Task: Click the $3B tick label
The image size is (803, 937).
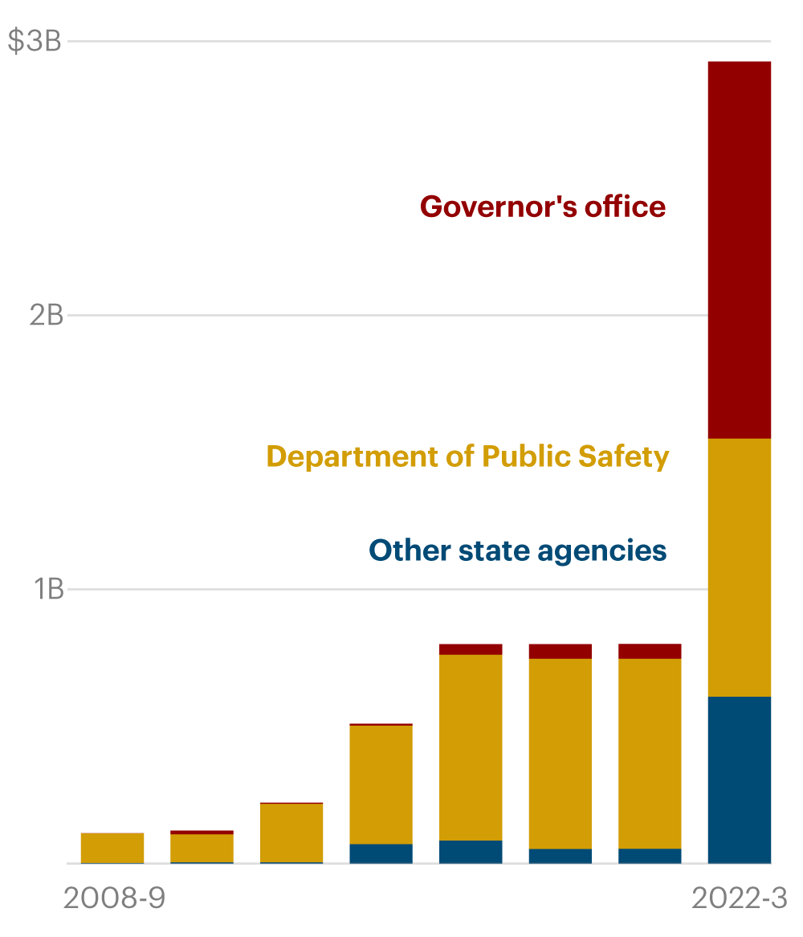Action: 34,41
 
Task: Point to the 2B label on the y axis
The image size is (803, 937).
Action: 46,316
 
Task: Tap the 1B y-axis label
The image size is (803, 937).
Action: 48,590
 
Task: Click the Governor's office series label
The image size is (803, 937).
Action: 543,207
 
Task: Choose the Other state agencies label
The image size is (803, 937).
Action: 518,550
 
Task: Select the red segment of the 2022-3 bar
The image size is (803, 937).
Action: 740,249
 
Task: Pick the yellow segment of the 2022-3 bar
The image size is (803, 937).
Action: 740,567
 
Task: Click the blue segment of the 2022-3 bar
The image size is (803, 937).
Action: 740,779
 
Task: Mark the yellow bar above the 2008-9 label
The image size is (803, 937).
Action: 112,848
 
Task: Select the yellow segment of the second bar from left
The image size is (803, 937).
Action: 202,849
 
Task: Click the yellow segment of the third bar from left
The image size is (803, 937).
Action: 291,833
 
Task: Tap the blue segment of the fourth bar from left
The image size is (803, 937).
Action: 381,853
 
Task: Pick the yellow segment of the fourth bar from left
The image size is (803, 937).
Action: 381,784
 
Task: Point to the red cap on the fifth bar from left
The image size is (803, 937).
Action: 471,649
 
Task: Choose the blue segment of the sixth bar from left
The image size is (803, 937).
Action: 560,856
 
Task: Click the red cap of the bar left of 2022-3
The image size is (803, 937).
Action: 650,651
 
